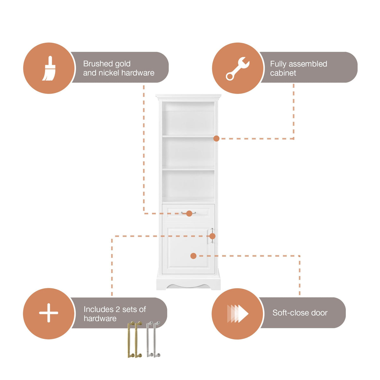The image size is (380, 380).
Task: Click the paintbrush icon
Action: point(49,68)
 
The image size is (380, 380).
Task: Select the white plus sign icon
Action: point(48,313)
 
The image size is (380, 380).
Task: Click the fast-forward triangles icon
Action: point(237,313)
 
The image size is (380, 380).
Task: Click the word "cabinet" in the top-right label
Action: point(283,73)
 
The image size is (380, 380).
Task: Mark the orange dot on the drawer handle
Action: point(189,213)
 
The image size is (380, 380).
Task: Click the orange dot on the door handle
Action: point(212,236)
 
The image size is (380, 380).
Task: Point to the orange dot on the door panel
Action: point(193,256)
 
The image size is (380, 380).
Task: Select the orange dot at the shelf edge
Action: point(216,139)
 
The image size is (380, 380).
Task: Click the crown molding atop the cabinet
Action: point(188,97)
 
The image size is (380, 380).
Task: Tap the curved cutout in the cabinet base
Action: point(188,285)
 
